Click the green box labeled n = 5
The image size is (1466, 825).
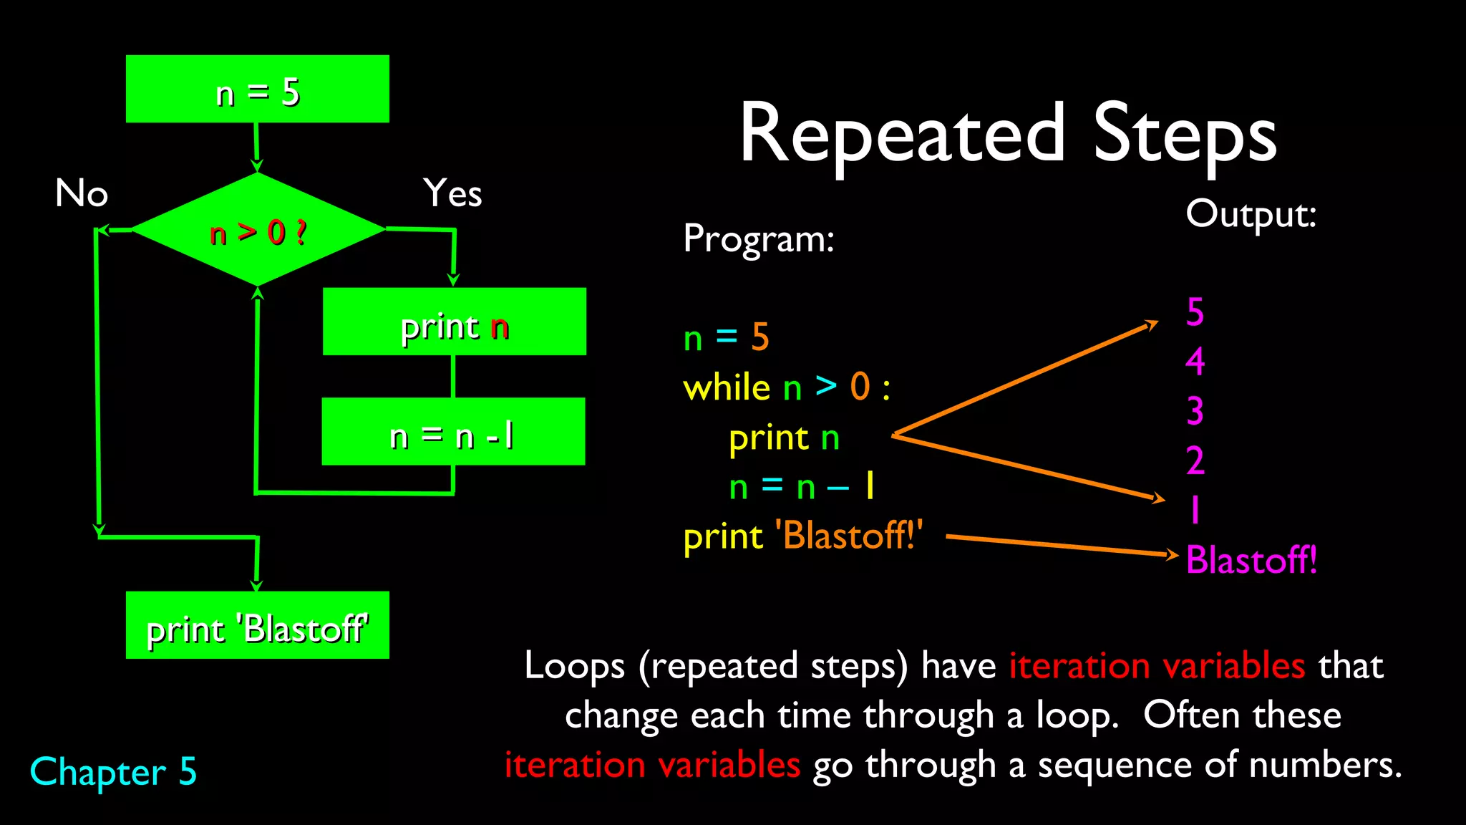point(258,89)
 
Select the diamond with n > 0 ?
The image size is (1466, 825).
point(258,231)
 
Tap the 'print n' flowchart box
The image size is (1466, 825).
point(454,322)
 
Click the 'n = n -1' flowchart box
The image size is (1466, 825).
point(453,432)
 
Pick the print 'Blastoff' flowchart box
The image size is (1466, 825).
point(258,625)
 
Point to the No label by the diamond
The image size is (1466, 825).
point(82,193)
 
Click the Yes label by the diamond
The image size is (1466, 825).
point(452,193)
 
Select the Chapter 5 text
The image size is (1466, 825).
point(113,772)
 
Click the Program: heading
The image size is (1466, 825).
point(759,238)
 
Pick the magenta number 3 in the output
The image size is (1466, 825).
point(1195,411)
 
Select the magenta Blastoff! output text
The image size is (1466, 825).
point(1251,560)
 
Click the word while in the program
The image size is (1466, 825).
point(726,387)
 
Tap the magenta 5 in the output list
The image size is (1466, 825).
point(1195,312)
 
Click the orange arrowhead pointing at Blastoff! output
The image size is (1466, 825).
point(1171,554)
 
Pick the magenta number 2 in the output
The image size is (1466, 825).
point(1195,460)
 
